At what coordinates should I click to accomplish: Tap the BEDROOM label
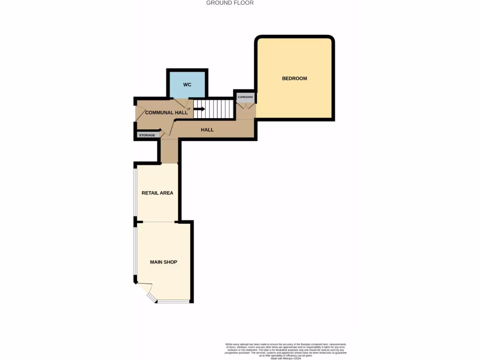coord(294,78)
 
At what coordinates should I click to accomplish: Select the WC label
coord(187,85)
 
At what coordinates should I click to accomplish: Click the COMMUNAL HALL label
coord(166,113)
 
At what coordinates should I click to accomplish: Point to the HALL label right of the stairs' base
coord(207,130)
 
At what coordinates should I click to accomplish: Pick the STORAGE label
coord(146,135)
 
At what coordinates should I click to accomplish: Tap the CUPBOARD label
coord(245,97)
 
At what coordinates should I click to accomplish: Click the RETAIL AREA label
coord(157,193)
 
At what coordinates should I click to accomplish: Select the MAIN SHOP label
coord(164,262)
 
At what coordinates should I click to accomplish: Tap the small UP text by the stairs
coord(188,109)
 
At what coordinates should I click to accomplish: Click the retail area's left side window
coord(135,192)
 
